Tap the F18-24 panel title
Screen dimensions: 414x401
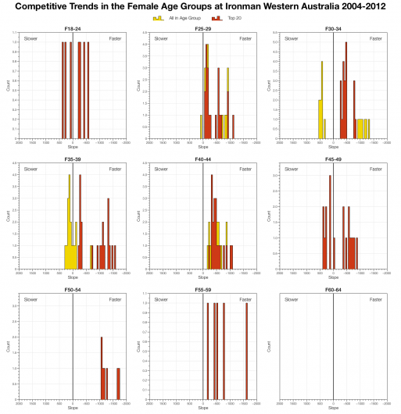[73, 29]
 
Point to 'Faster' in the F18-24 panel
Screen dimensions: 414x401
[115, 37]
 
